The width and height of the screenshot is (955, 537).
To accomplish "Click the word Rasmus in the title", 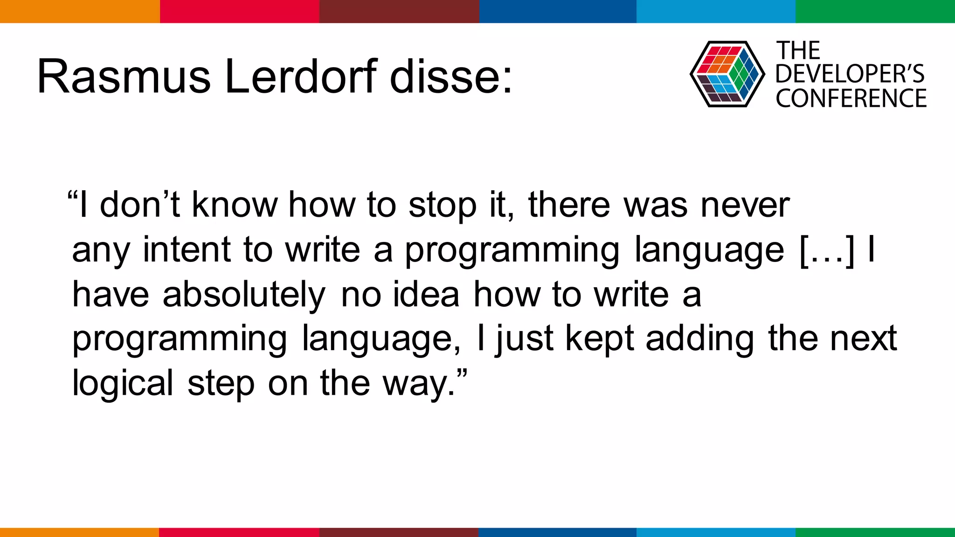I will [124, 77].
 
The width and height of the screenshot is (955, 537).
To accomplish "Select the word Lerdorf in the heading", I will [301, 77].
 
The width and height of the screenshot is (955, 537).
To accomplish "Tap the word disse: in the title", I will [451, 77].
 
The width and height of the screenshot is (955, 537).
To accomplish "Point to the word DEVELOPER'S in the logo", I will [850, 74].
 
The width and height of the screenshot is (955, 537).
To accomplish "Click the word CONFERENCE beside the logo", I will [851, 98].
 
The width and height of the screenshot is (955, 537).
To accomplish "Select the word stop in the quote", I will [443, 206].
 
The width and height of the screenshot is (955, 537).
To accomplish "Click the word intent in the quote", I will [187, 250].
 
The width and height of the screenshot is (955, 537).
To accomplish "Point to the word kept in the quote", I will [599, 339].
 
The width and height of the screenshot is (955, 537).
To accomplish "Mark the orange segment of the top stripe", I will [79, 11].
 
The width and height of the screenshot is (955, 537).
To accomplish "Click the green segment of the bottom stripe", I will [875, 532].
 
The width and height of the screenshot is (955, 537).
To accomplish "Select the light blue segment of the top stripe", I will [716, 11].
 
